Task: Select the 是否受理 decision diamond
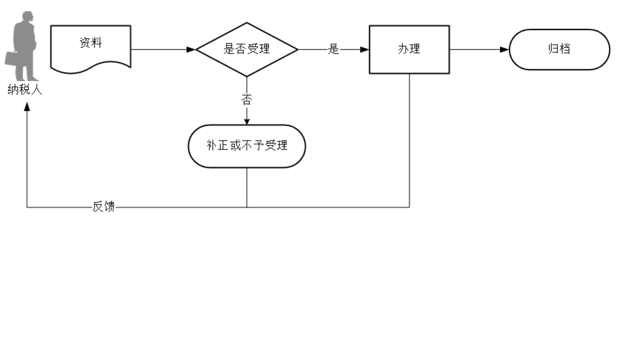[x=247, y=49]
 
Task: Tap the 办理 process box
[x=409, y=49]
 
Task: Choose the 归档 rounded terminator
[x=559, y=49]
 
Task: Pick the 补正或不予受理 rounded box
[x=247, y=146]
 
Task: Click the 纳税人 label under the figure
[x=24, y=89]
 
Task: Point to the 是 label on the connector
[x=333, y=49]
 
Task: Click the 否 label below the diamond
[x=247, y=100]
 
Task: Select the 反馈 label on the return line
[x=104, y=207]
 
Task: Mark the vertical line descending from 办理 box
[x=409, y=139]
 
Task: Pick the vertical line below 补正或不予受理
[x=247, y=187]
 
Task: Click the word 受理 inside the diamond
[x=259, y=49]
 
